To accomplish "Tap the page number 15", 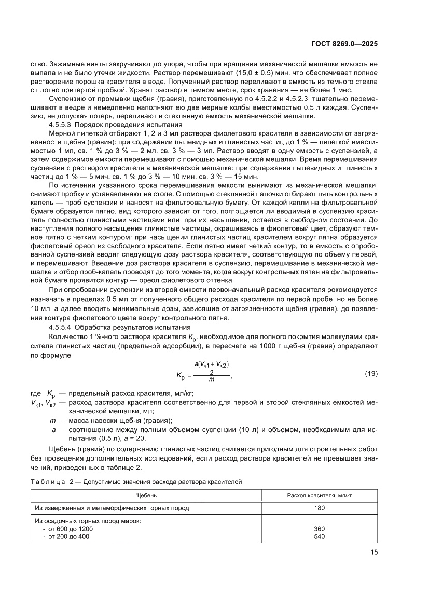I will [374, 552].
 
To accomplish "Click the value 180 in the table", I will [320, 508].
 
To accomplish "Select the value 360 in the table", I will [320, 529].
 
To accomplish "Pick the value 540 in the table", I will [320, 536].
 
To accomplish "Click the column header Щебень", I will [146, 495].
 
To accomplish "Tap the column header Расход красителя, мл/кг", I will [320, 495].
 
